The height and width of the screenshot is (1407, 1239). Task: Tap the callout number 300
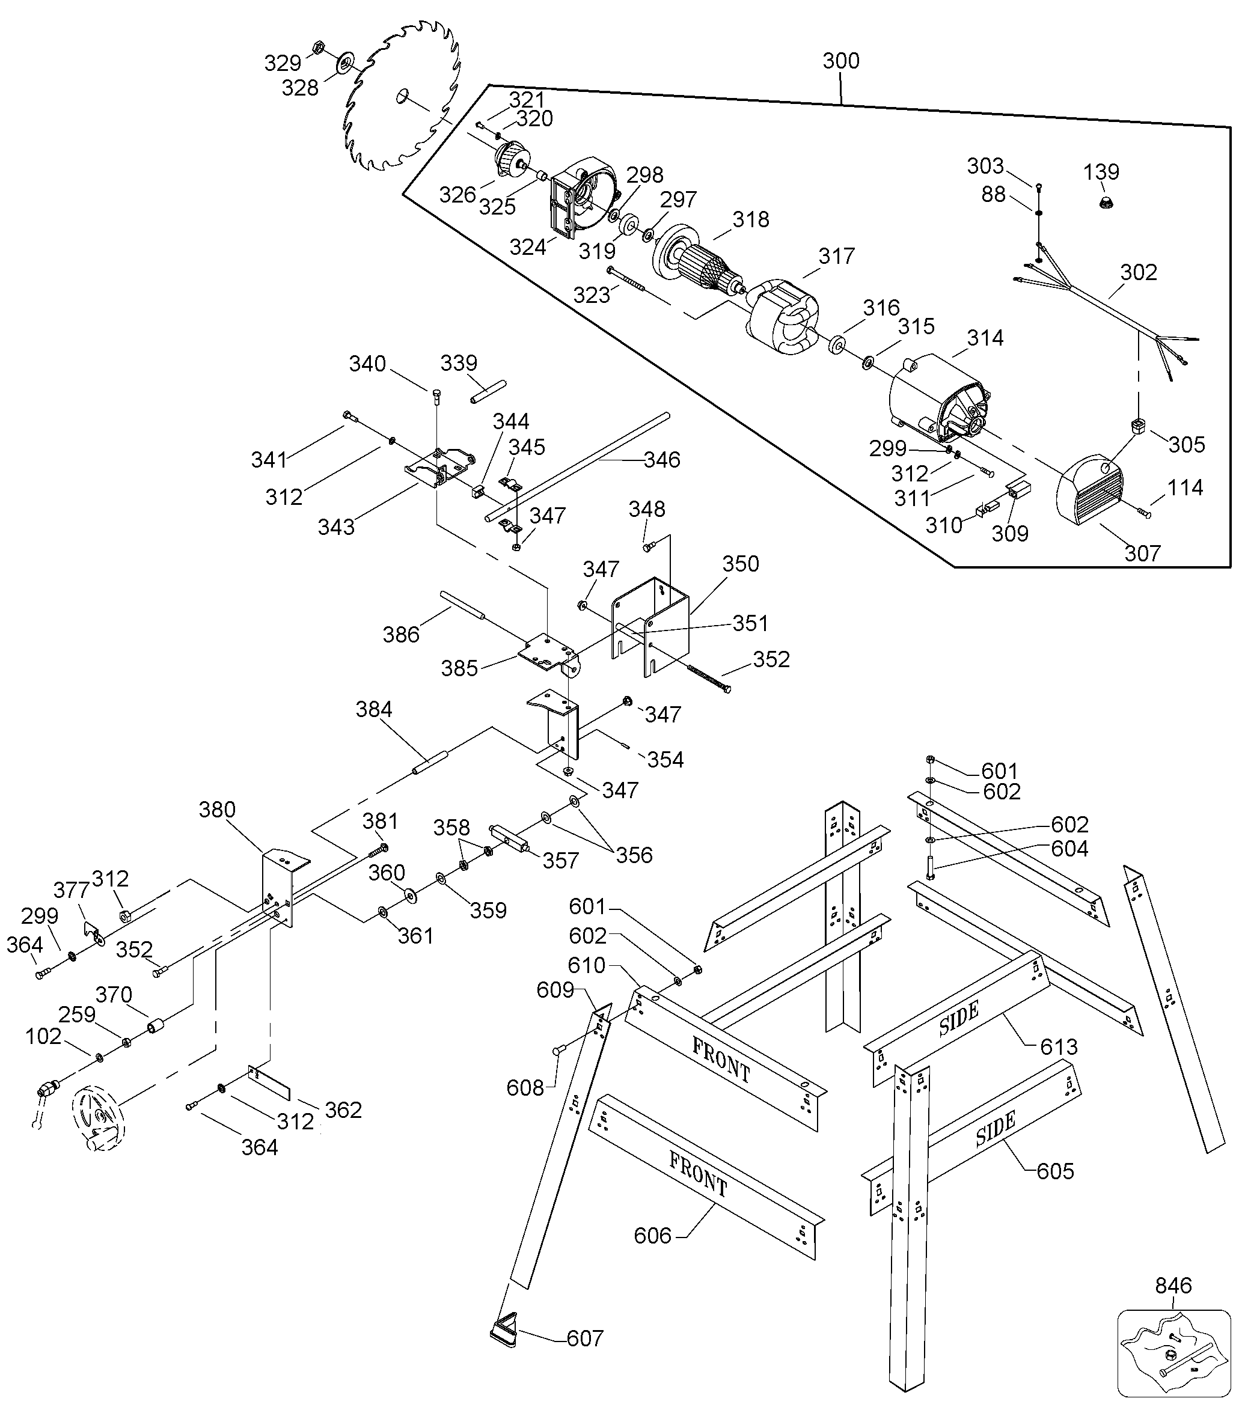point(840,61)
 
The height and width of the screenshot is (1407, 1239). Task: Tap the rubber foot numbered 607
point(504,1333)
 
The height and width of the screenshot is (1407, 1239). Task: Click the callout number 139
point(1101,171)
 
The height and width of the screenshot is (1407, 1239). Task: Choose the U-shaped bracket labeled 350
point(650,623)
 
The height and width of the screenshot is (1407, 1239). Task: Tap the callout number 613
point(1059,1047)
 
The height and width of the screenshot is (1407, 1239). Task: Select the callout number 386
point(400,634)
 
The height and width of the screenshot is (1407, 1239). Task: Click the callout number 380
point(217,810)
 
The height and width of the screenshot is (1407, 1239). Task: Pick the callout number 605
point(1054,1171)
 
